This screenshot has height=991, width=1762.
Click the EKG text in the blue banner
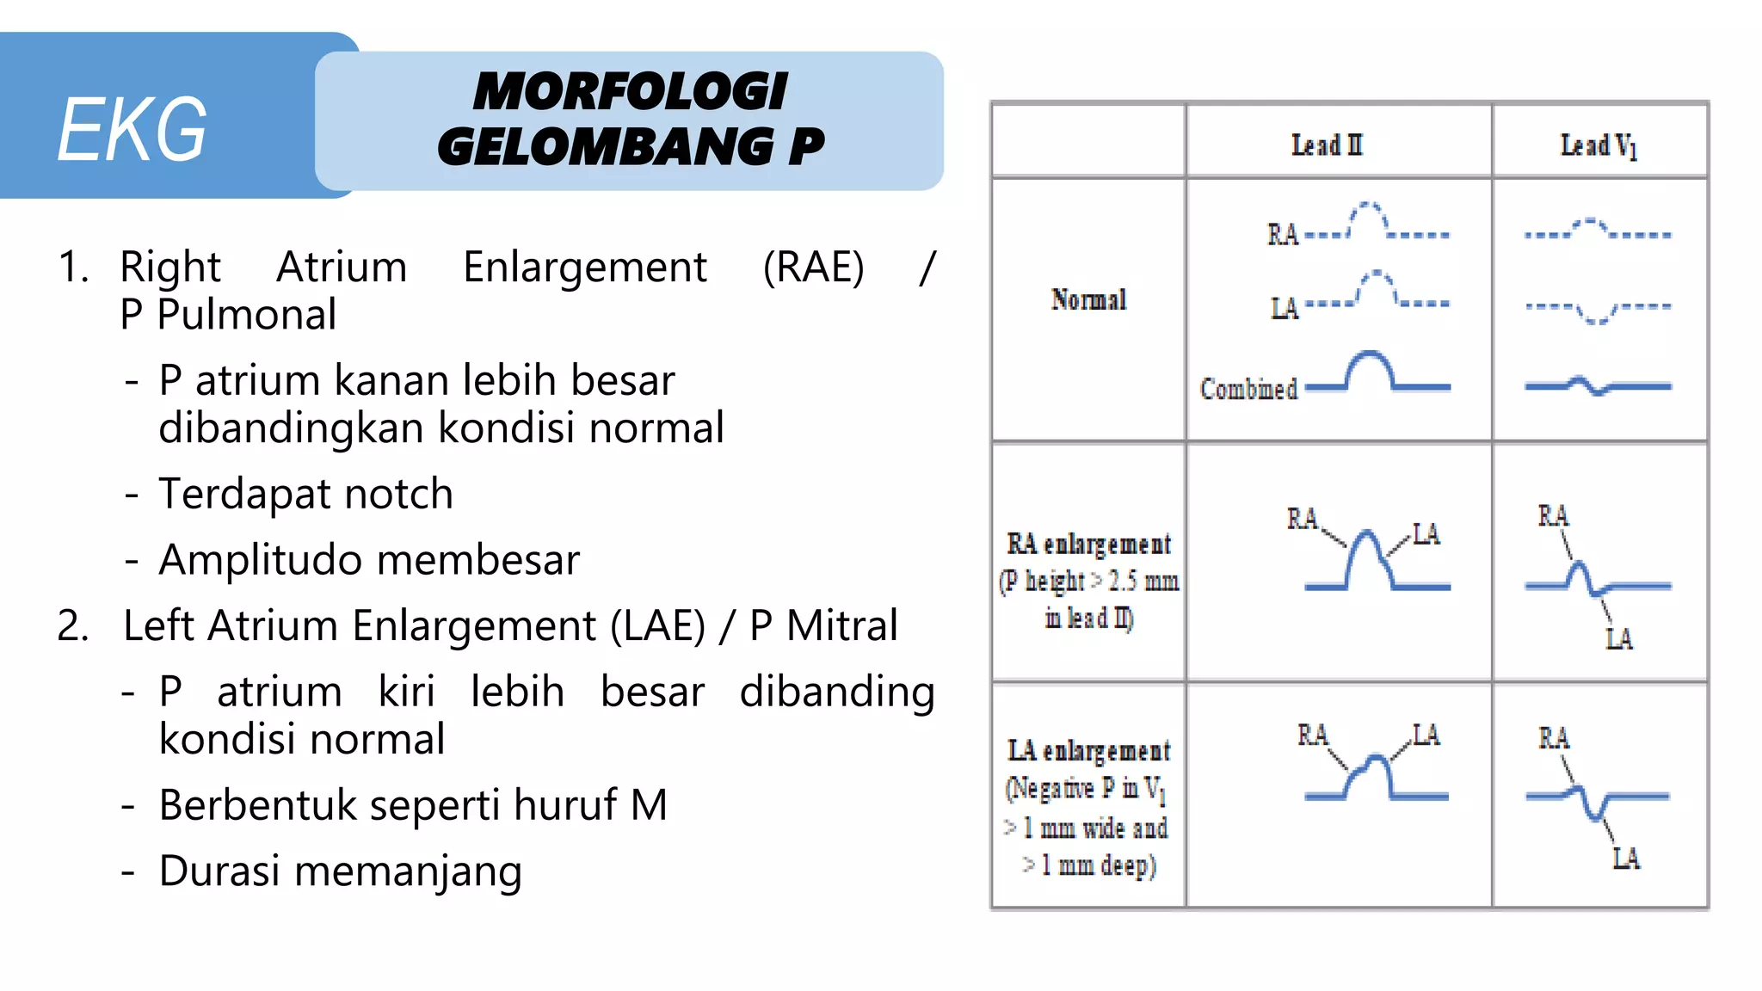(132, 129)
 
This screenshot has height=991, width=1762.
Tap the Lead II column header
(1327, 145)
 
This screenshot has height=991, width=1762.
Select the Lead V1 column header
(1598, 145)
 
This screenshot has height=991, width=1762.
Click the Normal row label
(1088, 299)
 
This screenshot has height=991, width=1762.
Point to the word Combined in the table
(1248, 389)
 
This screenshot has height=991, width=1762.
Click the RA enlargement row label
(1088, 544)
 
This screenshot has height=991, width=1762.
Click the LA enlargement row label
(1088, 751)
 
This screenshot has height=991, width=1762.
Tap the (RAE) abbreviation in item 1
(813, 267)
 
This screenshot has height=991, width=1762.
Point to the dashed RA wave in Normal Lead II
(1367, 215)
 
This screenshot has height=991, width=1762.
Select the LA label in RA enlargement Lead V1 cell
(1618, 638)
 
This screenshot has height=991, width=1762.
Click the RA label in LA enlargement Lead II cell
(1313, 736)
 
